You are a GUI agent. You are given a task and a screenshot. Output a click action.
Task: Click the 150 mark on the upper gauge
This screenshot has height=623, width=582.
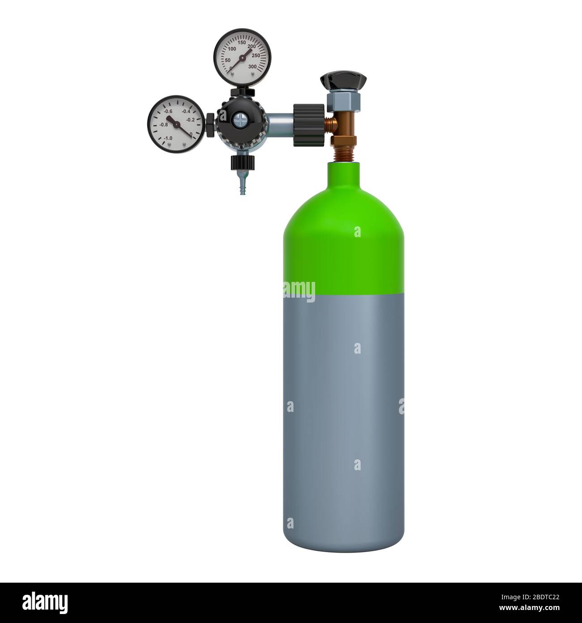242,43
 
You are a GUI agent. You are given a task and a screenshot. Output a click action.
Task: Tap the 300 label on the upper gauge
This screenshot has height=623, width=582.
252,66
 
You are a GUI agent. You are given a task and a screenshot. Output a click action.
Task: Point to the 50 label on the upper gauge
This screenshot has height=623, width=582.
227,60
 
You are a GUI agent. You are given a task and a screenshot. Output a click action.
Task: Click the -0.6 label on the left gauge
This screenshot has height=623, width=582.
168,111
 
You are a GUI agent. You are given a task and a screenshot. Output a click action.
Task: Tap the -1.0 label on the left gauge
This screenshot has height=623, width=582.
168,138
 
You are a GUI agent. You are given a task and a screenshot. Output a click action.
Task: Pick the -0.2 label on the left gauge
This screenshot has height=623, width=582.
190,120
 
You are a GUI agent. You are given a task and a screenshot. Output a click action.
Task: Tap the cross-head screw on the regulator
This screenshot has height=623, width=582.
240,120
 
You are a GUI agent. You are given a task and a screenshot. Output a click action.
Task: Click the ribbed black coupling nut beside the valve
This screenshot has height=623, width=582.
308,125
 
